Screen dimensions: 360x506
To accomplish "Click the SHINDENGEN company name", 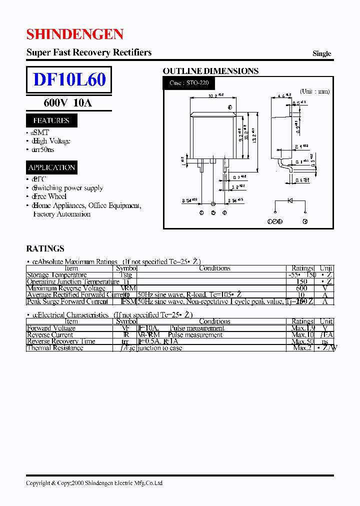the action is tap(75, 34).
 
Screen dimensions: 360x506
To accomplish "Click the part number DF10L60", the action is tap(69, 80).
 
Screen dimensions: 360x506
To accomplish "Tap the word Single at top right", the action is tap(321, 53).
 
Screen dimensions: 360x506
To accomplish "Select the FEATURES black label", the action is tap(51, 120).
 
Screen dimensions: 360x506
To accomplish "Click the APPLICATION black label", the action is tap(51, 167).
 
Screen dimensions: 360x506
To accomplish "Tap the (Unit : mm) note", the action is tap(314, 91).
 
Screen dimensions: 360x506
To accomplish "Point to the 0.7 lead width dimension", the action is tap(240, 177).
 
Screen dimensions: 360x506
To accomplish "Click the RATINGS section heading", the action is tap(45, 248).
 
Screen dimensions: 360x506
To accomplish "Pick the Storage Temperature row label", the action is tap(56, 275).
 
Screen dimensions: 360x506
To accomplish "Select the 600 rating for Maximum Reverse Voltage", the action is tap(301, 288).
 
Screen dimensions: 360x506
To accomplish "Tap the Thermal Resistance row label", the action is tap(55, 348).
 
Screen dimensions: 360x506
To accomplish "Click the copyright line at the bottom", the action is tap(94, 483).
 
